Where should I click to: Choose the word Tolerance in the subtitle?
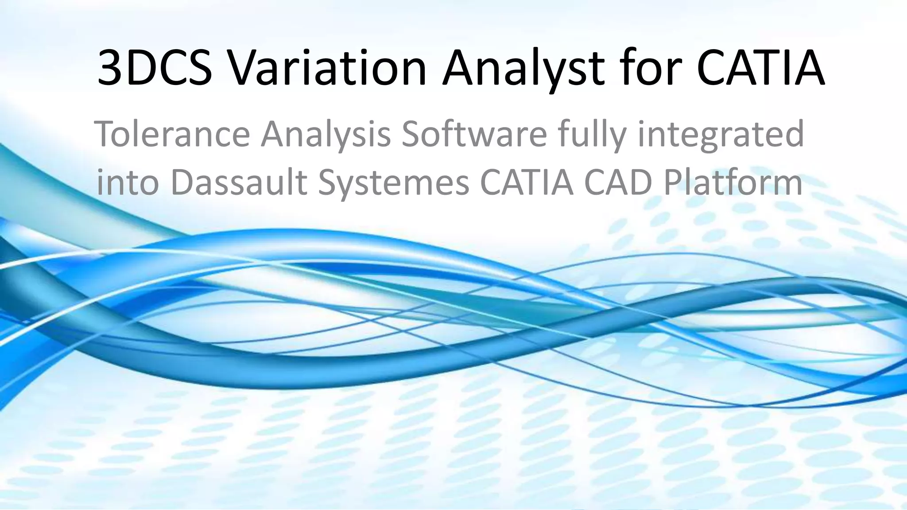tap(172, 134)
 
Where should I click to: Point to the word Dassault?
tap(239, 182)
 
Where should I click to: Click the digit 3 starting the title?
tap(109, 68)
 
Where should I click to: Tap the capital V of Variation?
tap(245, 68)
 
